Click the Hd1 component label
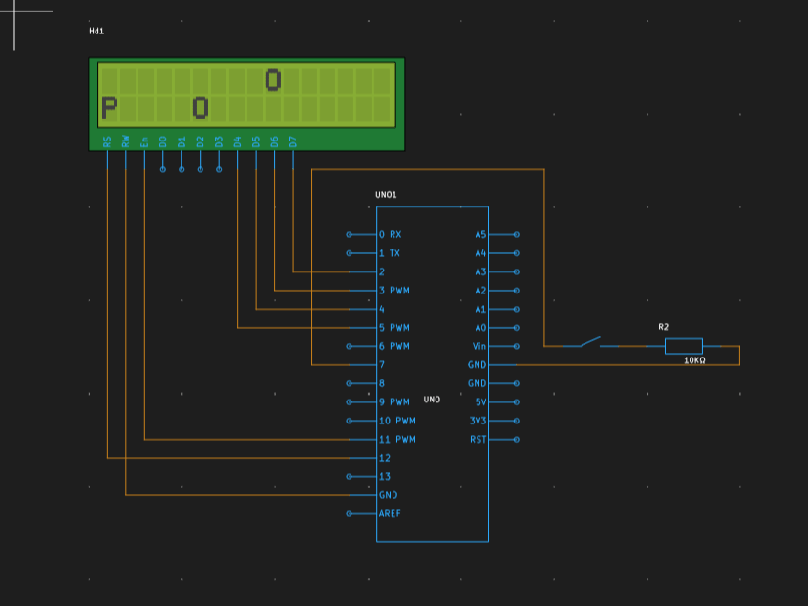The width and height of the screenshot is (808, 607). point(96,32)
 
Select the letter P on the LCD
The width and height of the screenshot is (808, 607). point(109,108)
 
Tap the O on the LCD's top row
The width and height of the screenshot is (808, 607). point(273,80)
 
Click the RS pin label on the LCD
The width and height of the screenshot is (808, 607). point(107,141)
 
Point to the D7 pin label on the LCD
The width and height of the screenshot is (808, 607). point(293,141)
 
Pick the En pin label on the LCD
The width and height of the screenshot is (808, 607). point(144,141)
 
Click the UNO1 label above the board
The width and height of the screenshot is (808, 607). point(386,195)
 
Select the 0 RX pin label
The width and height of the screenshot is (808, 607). point(390,234)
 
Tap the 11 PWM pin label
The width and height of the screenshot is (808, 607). point(396,440)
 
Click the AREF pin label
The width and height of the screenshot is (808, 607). point(390,514)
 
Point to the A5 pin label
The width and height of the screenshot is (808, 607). point(480,234)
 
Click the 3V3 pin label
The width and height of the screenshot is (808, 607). point(478,421)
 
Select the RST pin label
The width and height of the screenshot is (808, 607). point(478,440)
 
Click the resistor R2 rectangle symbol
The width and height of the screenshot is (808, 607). point(684,346)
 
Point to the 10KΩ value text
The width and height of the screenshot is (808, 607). point(694,361)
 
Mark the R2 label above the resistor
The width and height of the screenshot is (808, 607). point(663,327)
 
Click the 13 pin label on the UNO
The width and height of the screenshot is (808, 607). point(385,477)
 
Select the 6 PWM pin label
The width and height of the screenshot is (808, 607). point(393,346)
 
